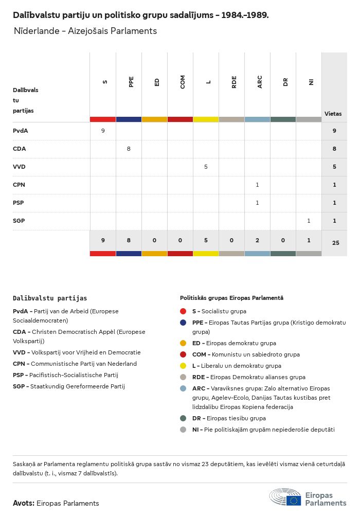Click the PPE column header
tap(131, 82)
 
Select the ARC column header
tap(260, 82)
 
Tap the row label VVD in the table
tap(19, 167)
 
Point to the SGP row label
tap(19, 221)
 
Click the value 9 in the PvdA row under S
tap(103, 131)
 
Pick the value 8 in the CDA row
tap(129, 149)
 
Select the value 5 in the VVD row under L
tap(206, 167)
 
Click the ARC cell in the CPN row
tap(257, 185)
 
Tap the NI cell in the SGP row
tap(309, 221)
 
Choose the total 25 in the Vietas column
tap(335, 242)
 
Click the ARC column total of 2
tap(257, 240)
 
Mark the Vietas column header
tap(333, 114)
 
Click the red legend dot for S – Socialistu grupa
tap(183, 311)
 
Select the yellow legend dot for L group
tap(183, 366)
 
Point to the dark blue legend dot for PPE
tap(183, 323)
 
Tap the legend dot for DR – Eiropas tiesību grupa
tap(183, 418)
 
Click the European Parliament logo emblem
tap(294, 499)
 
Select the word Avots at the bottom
tap(24, 503)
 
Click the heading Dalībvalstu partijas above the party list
tap(50, 298)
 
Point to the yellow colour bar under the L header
tap(206, 119)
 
